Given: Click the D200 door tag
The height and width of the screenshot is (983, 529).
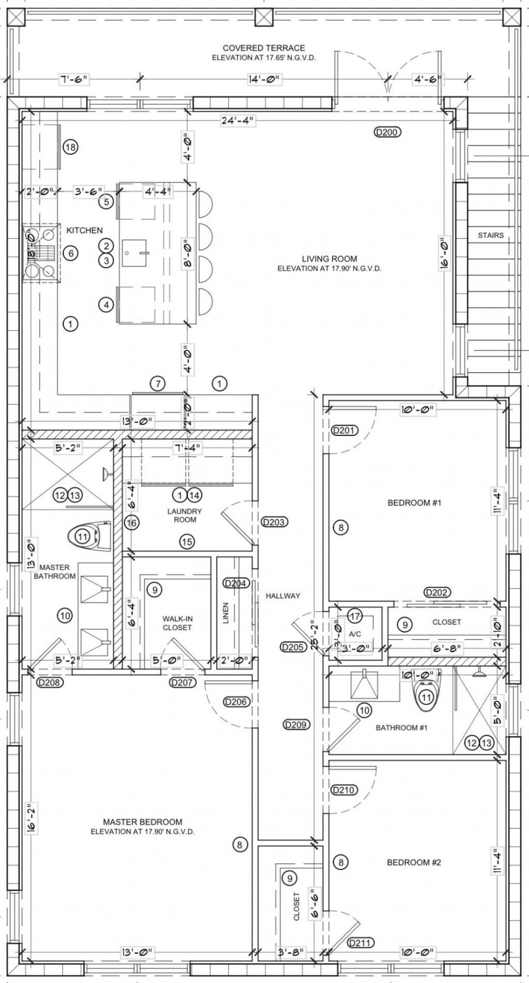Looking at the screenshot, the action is click(x=387, y=132).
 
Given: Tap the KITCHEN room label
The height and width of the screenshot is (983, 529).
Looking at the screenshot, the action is click(x=85, y=230).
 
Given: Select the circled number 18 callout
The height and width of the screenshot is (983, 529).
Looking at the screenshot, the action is click(x=71, y=148).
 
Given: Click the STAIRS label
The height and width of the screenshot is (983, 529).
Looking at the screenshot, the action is click(x=490, y=235).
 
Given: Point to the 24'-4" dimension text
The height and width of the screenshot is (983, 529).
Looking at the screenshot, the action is click(x=237, y=121).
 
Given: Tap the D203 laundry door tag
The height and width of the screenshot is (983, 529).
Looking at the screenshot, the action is click(x=274, y=522).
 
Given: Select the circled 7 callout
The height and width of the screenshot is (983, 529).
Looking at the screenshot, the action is click(x=158, y=383).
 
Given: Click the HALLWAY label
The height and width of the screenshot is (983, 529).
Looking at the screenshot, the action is click(x=283, y=595).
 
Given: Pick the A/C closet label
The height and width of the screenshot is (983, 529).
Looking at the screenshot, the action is click(x=354, y=633).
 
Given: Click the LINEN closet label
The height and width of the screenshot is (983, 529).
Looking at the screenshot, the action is click(x=225, y=613).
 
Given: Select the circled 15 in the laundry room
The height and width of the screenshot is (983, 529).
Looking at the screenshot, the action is click(x=186, y=542).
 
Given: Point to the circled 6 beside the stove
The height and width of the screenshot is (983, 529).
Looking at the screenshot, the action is click(x=71, y=253).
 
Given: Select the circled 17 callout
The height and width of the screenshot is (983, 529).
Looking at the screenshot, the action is click(x=354, y=616).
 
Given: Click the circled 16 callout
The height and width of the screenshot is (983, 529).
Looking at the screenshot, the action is click(x=132, y=523).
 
